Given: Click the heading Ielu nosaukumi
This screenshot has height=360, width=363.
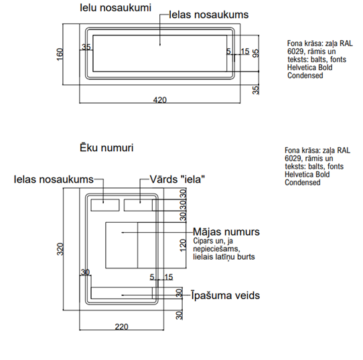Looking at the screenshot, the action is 115,8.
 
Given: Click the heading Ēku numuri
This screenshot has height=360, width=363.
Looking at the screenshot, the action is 106,148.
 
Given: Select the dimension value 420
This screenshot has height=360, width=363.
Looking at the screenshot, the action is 160,100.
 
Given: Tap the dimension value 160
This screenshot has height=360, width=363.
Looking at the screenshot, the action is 60,54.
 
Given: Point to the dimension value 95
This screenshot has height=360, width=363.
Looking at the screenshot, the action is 256,54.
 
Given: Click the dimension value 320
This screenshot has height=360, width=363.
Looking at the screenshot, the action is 60,249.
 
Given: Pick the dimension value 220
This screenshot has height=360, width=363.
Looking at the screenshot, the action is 121,327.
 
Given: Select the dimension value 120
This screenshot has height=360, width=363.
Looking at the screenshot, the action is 183,246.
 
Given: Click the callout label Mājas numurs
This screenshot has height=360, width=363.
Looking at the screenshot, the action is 226,232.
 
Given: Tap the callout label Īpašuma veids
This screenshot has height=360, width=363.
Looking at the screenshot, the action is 226,296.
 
